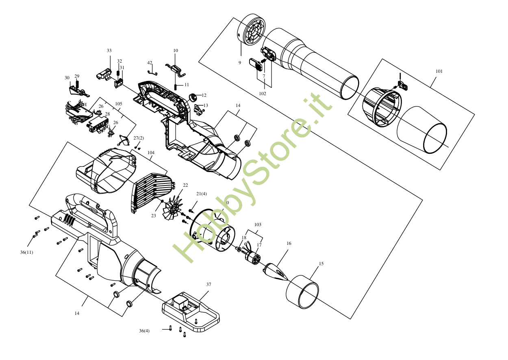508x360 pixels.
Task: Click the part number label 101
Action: (x=439, y=71)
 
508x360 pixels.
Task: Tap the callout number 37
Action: (x=208, y=284)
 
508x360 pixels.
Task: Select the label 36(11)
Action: (x=26, y=252)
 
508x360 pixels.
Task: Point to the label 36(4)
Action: (x=144, y=331)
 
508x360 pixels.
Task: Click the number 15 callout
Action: (x=321, y=264)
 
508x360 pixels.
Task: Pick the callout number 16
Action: (x=289, y=243)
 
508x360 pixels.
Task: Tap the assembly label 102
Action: (x=263, y=94)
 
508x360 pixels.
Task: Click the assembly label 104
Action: (x=151, y=153)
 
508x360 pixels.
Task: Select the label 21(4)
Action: (x=202, y=194)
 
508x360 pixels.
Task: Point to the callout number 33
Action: (x=109, y=50)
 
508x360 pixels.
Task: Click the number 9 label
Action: (x=240, y=63)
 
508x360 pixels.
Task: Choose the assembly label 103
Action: (x=258, y=225)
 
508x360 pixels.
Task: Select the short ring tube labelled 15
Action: (x=302, y=292)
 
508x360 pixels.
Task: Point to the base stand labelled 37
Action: (x=191, y=311)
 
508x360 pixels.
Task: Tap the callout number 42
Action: (x=150, y=63)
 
